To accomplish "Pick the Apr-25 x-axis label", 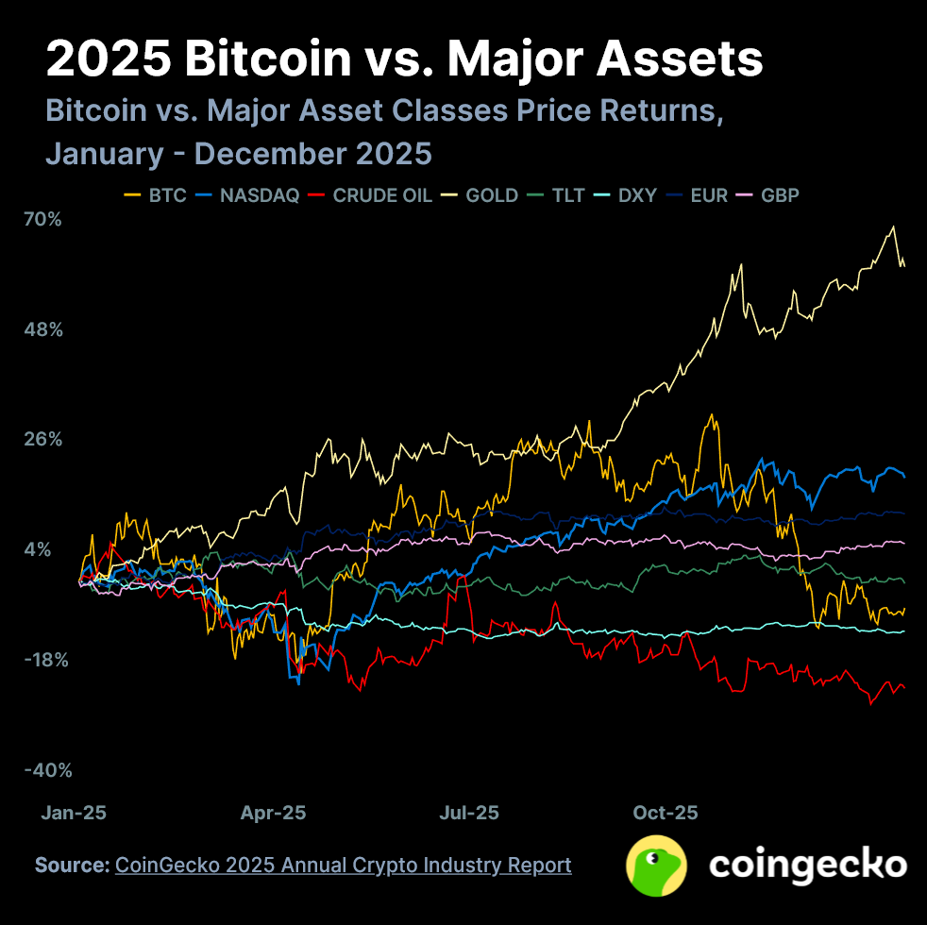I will pyautogui.click(x=273, y=813).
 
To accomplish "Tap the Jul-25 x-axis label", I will pyautogui.click(x=469, y=813).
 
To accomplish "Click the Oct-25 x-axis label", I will pyautogui.click(x=665, y=813).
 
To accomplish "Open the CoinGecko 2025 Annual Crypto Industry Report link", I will pyautogui.click(x=343, y=865).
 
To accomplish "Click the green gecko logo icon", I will pyautogui.click(x=657, y=866).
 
